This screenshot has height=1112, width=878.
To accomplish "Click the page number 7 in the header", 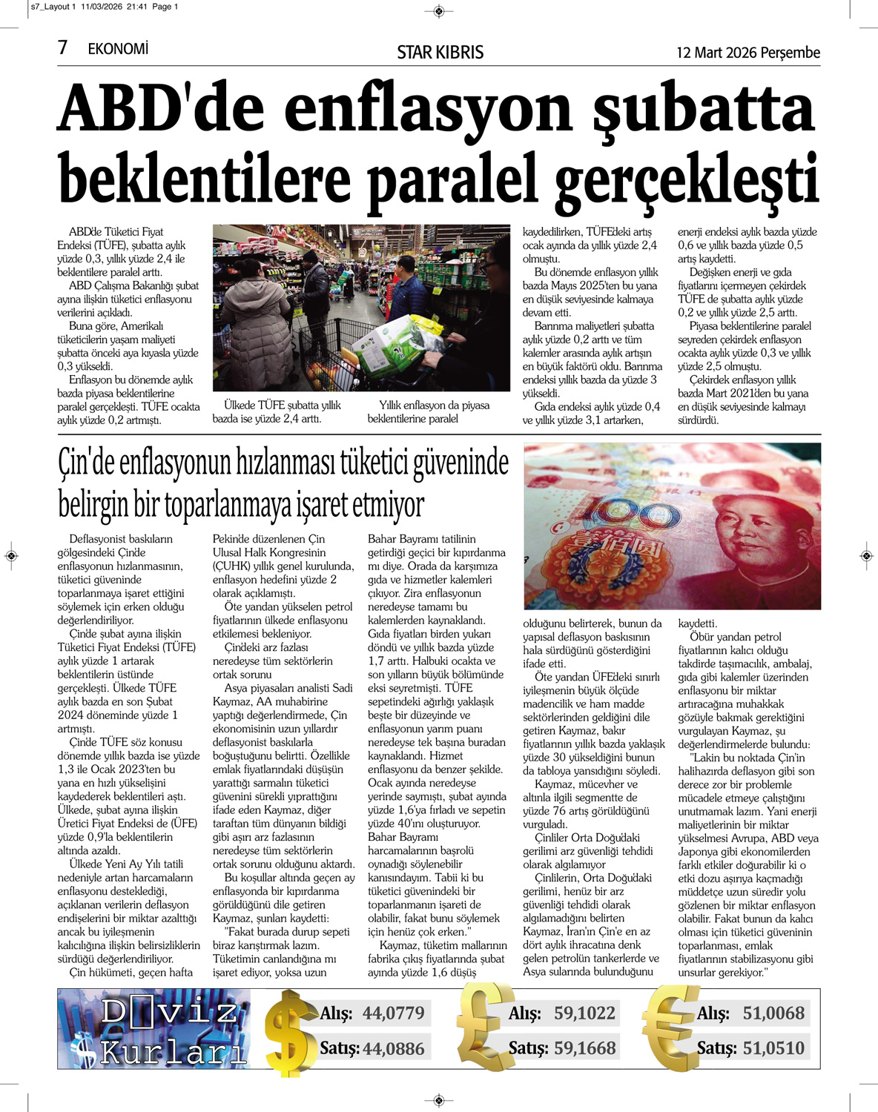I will [x=62, y=48].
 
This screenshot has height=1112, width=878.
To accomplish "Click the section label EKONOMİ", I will [x=118, y=49].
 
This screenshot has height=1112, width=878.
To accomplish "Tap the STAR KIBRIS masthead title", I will [x=440, y=53].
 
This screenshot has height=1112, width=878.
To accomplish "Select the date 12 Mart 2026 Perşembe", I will [x=747, y=53].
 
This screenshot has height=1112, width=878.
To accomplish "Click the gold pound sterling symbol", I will [x=483, y=1027].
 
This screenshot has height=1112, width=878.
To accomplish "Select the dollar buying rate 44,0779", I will [x=393, y=1013].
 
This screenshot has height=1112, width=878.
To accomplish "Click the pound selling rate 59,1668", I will [x=584, y=1048].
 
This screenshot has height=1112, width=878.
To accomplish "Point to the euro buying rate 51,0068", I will [x=773, y=1013].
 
